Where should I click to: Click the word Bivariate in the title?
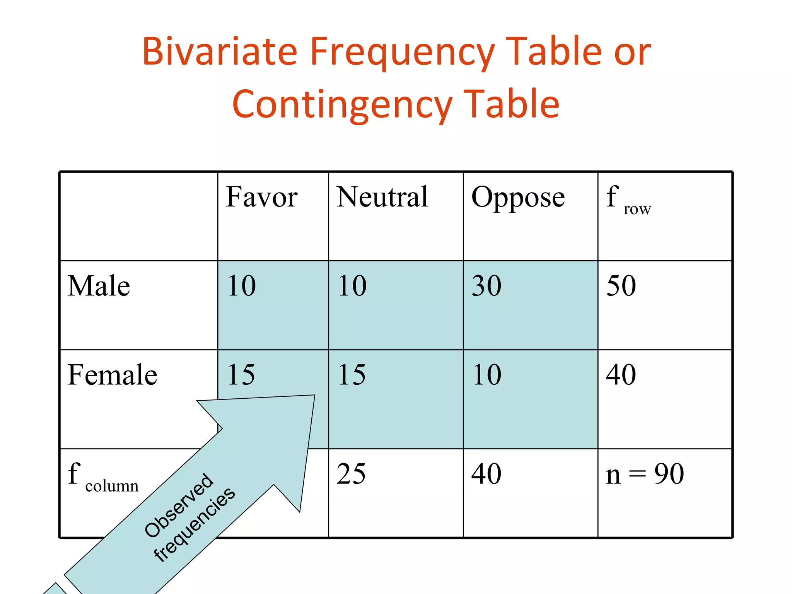[220, 51]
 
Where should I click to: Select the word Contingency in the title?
[342, 104]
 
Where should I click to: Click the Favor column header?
[261, 197]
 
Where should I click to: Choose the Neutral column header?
[382, 197]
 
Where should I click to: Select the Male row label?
[99, 286]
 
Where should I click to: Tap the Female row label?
[112, 375]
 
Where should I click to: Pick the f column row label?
[103, 478]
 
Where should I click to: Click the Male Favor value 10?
[241, 286]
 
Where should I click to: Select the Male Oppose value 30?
[486, 286]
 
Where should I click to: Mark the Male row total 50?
[621, 286]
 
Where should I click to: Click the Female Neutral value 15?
[352, 375]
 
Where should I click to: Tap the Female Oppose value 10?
[486, 375]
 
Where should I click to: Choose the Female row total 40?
[621, 375]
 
